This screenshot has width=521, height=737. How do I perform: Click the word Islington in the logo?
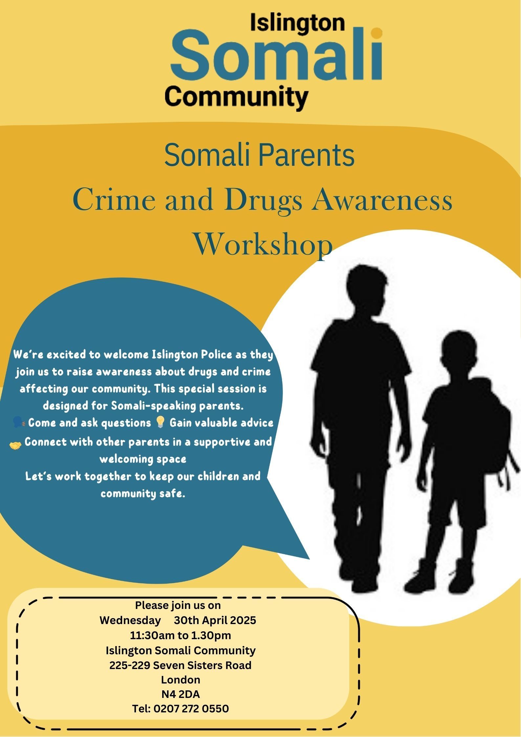coord(297,24)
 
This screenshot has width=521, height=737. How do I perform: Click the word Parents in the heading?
coord(307,155)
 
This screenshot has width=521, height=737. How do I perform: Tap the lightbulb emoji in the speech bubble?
coord(160,422)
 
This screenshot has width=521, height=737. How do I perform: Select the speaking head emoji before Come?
coord(19,422)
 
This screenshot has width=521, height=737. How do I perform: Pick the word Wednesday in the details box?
coord(130,620)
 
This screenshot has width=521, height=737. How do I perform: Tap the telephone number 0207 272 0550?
coord(191,708)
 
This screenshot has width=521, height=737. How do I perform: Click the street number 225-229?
coord(130,665)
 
